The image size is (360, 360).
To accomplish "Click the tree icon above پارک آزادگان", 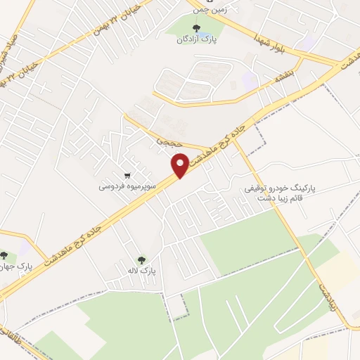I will (x=196, y=29).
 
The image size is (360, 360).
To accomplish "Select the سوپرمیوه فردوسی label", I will (x=122, y=188).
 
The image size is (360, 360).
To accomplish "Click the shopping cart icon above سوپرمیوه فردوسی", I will (x=127, y=175).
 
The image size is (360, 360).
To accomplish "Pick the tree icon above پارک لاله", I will (x=143, y=259).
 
